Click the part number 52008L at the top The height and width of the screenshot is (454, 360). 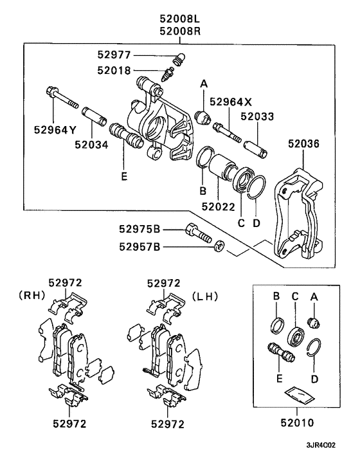point(180,17)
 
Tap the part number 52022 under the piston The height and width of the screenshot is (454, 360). point(218,206)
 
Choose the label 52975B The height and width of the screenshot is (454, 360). point(141,228)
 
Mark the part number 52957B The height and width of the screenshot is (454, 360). point(141,245)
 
